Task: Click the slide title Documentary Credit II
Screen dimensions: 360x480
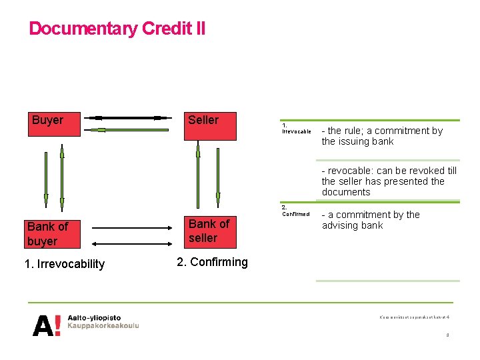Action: [x=117, y=29]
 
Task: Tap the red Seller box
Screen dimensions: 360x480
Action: [x=210, y=126]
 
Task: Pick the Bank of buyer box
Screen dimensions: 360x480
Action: [x=57, y=233]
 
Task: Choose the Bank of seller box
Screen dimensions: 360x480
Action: [x=210, y=231]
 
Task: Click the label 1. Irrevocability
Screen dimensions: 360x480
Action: [x=64, y=264]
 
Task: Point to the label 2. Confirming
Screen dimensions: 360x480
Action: [x=212, y=262]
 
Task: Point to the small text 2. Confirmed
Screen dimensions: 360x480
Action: [x=295, y=211]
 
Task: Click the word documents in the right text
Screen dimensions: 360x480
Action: [x=345, y=192]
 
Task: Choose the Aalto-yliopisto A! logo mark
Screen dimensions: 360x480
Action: [x=47, y=325]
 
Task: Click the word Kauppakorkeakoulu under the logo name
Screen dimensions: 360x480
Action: [x=103, y=326]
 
